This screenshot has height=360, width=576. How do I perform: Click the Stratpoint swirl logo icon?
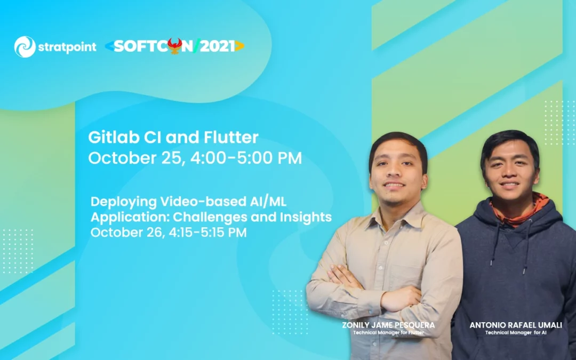click(25, 47)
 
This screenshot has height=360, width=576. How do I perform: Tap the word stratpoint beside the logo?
click(67, 47)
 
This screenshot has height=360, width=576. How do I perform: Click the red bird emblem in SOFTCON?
click(174, 45)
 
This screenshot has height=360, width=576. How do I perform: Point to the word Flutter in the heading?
click(231, 138)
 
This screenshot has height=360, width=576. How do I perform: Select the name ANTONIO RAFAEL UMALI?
click(516, 325)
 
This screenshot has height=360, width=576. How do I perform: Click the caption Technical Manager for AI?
click(516, 333)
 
